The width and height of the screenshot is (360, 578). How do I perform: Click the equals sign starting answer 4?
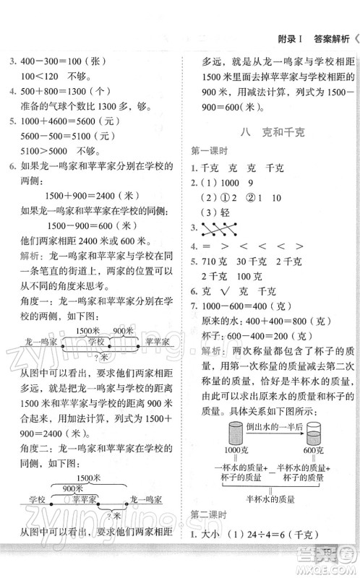(x=206, y=245)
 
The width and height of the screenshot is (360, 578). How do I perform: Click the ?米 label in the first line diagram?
(x=107, y=357)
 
